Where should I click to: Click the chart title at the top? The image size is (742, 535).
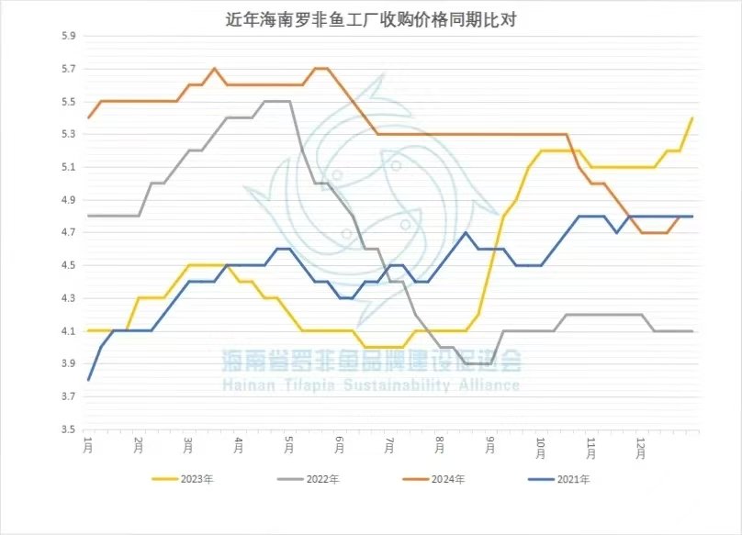click(371, 19)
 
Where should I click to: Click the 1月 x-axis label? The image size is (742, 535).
click(88, 445)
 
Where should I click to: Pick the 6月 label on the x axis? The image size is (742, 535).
click(340, 445)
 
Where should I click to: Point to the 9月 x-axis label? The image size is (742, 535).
click(491, 445)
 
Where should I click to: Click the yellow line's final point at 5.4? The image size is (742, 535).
click(691, 118)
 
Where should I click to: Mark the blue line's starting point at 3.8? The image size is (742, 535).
click(88, 380)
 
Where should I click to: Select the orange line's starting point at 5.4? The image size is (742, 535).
click(88, 118)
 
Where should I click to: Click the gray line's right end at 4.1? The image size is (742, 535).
click(691, 331)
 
